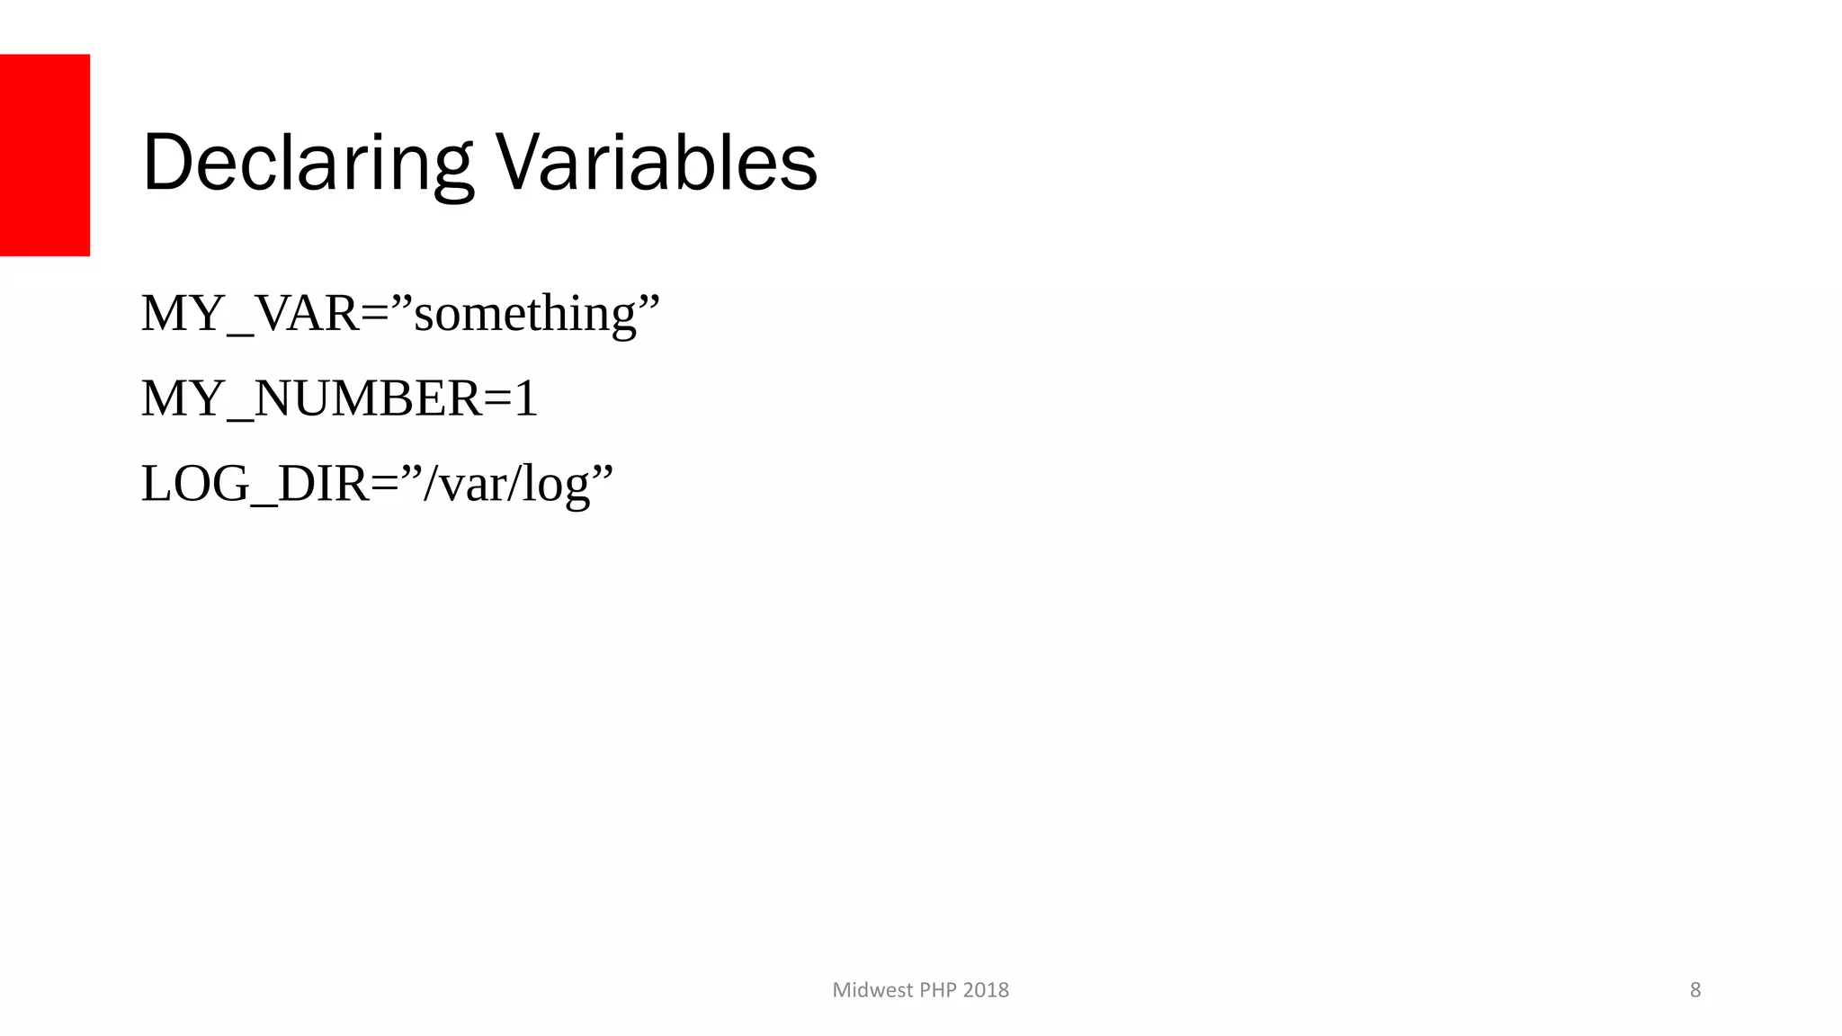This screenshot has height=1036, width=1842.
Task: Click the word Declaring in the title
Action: click(x=306, y=164)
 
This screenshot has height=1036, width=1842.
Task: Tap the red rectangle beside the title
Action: click(x=45, y=155)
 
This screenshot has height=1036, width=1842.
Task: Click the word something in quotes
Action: click(x=525, y=316)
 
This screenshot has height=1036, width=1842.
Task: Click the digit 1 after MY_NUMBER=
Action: click(x=525, y=398)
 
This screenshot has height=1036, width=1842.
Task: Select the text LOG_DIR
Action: click(x=255, y=484)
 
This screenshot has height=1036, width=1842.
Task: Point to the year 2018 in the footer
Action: click(x=986, y=990)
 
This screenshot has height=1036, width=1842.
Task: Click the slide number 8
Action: click(x=1695, y=990)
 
